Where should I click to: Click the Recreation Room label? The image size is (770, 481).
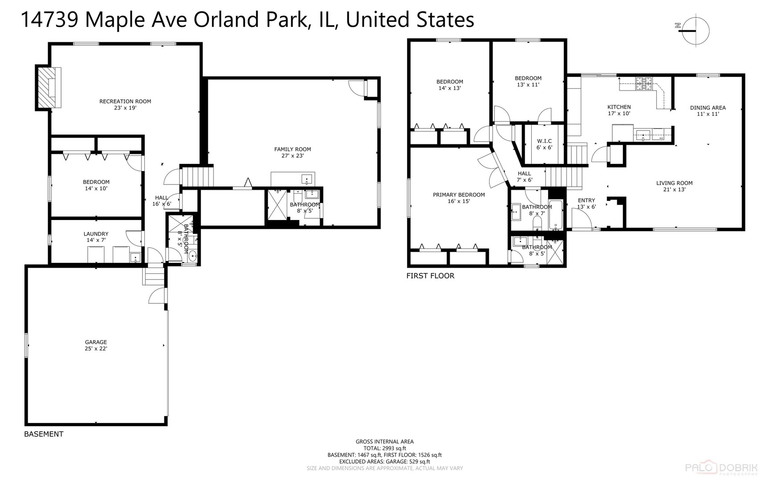click(x=125, y=104)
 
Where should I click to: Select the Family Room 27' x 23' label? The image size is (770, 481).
click(x=293, y=152)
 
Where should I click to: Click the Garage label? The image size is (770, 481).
click(x=96, y=345)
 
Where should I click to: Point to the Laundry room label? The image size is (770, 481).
click(x=96, y=236)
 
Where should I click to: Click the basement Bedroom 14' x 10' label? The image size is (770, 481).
click(x=96, y=185)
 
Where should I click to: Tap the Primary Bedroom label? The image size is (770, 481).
click(x=459, y=198)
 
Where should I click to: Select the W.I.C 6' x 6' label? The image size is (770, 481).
click(x=544, y=144)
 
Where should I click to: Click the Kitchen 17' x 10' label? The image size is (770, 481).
click(x=619, y=110)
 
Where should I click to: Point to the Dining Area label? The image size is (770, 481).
click(x=708, y=110)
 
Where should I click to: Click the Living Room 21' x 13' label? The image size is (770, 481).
click(x=674, y=186)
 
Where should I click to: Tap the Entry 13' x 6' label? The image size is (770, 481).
click(x=586, y=203)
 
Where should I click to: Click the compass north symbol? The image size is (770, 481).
click(x=695, y=31)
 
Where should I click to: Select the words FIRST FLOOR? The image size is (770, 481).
click(x=430, y=276)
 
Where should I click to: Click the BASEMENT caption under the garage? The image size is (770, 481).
click(x=44, y=434)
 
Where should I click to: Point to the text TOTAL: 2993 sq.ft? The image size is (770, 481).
click(x=385, y=448)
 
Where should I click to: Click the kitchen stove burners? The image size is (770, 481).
click(x=644, y=83)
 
